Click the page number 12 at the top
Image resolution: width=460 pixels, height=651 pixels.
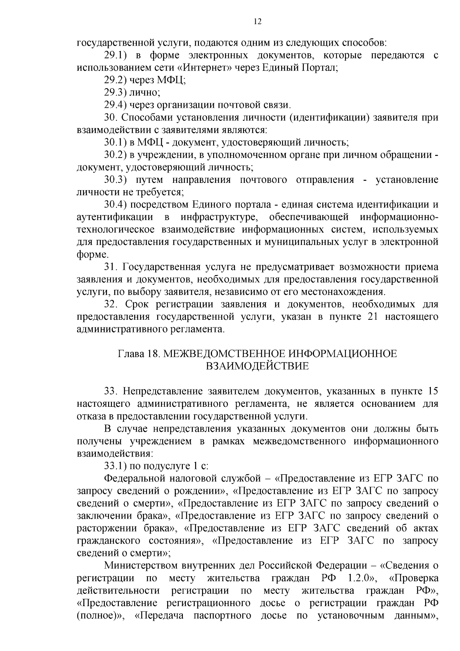coord(258,22)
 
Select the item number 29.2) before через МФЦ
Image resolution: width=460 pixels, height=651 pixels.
coord(115,81)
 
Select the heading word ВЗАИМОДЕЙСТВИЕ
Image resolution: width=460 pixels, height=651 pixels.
coord(257,366)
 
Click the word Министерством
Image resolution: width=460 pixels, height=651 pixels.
coord(141,566)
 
